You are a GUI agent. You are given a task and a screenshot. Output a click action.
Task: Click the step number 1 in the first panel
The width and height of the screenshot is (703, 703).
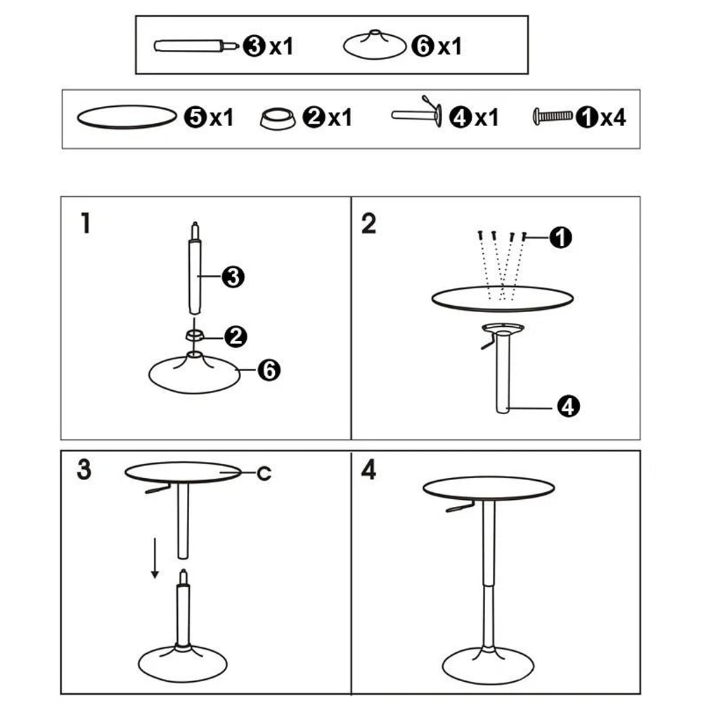[x=85, y=224]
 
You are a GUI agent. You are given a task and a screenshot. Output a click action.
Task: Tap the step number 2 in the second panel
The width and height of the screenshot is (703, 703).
[x=369, y=224]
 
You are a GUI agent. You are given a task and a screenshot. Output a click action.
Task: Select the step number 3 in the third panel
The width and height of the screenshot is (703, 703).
[x=84, y=470]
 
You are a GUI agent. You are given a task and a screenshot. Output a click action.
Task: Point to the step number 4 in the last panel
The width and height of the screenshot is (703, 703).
[x=369, y=470]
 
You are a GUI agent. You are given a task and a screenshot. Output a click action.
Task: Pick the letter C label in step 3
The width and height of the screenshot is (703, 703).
[x=264, y=474]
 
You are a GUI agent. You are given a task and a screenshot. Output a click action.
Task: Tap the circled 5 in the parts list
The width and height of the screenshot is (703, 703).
[x=195, y=117]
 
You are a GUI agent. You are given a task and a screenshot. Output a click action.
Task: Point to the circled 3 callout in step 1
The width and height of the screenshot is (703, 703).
[x=232, y=277]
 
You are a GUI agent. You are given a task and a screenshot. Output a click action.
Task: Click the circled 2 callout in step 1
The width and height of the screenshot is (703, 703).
[x=236, y=336]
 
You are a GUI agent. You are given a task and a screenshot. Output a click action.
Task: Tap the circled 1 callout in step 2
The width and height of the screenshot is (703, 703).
[x=560, y=238]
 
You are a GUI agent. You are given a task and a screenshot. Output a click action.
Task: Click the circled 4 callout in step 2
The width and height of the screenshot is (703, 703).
[x=568, y=406]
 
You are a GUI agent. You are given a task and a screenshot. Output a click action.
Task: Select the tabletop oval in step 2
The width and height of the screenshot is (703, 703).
[x=502, y=299]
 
